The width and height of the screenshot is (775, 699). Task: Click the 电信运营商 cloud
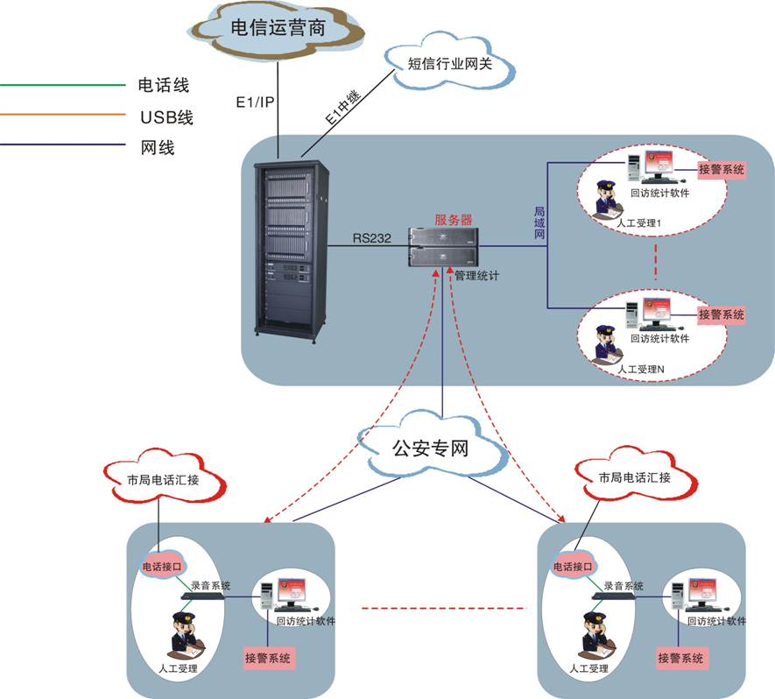pyautogui.click(x=277, y=28)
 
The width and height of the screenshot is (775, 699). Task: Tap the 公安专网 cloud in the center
pyautogui.click(x=431, y=449)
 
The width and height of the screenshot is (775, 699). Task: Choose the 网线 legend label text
pyautogui.click(x=158, y=148)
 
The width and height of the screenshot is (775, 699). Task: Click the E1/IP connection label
pyautogui.click(x=256, y=102)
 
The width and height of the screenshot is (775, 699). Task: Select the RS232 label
pyautogui.click(x=374, y=237)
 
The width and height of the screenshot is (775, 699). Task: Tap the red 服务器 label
pyautogui.click(x=454, y=219)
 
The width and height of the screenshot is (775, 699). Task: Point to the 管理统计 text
pyautogui.click(x=477, y=275)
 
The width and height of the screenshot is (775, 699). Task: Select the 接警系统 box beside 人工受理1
pyautogui.click(x=722, y=170)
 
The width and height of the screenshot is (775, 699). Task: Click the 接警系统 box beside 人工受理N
pyautogui.click(x=722, y=314)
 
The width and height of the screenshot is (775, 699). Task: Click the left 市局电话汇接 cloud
pyautogui.click(x=163, y=479)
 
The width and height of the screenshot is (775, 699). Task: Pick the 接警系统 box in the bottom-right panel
pyautogui.click(x=683, y=657)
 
